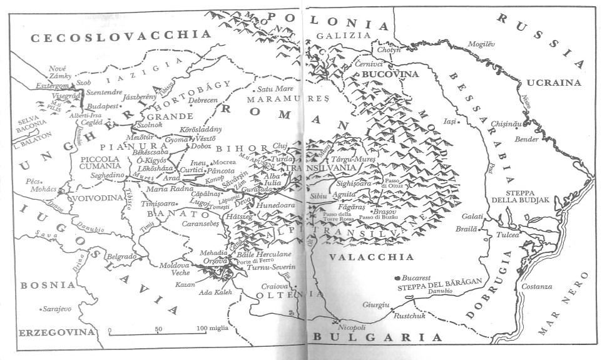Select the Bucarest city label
click(x=421, y=276)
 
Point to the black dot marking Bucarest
click(x=398, y=277)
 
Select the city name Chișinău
click(x=507, y=124)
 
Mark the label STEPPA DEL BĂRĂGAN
click(x=440, y=282)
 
